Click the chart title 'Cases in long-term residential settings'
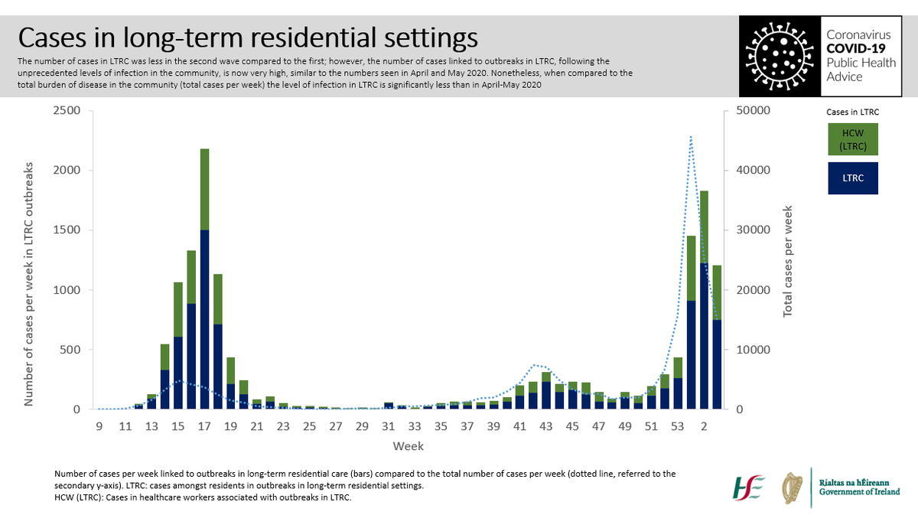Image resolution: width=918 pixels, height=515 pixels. tap(248, 37)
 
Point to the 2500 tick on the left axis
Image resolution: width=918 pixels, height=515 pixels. tap(67, 111)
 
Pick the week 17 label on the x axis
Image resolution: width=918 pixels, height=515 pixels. tap(204, 425)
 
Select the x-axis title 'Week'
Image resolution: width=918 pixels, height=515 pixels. tap(409, 445)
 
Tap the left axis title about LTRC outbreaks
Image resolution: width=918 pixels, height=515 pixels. tap(30, 283)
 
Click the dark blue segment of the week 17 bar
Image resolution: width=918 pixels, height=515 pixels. tap(204, 321)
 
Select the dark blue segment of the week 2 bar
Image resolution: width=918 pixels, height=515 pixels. tap(704, 337)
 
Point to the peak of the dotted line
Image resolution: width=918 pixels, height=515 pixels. tap(691, 137)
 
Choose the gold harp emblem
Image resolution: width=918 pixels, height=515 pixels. tap(793, 487)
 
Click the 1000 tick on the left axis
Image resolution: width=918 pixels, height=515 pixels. tap(67, 290)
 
